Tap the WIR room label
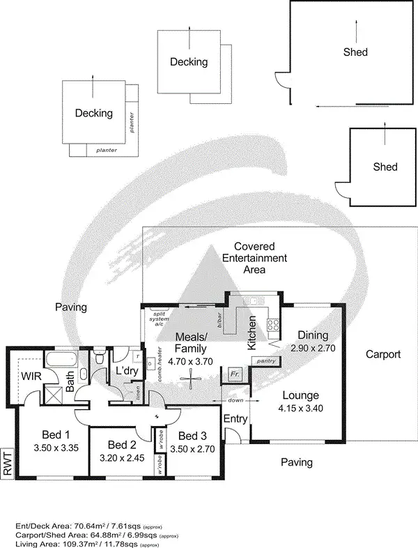coord(30,377)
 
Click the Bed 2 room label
coord(122,445)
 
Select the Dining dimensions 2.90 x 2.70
coord(312,347)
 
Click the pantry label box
coord(265,360)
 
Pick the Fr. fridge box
coord(235,374)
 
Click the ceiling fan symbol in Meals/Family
coord(187,379)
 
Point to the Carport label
coord(383,354)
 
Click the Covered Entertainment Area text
coord(254,258)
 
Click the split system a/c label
coord(160,317)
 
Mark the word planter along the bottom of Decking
coord(106,150)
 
